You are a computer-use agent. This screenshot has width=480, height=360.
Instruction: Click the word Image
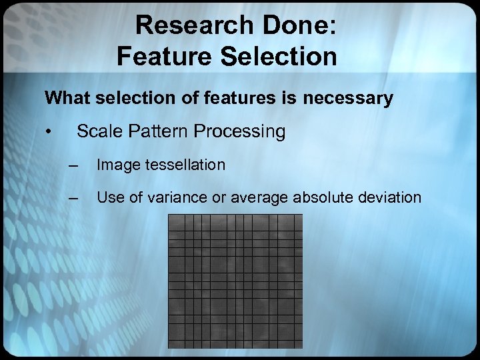click(117, 165)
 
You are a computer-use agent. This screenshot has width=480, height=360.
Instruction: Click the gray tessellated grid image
click(235, 281)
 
